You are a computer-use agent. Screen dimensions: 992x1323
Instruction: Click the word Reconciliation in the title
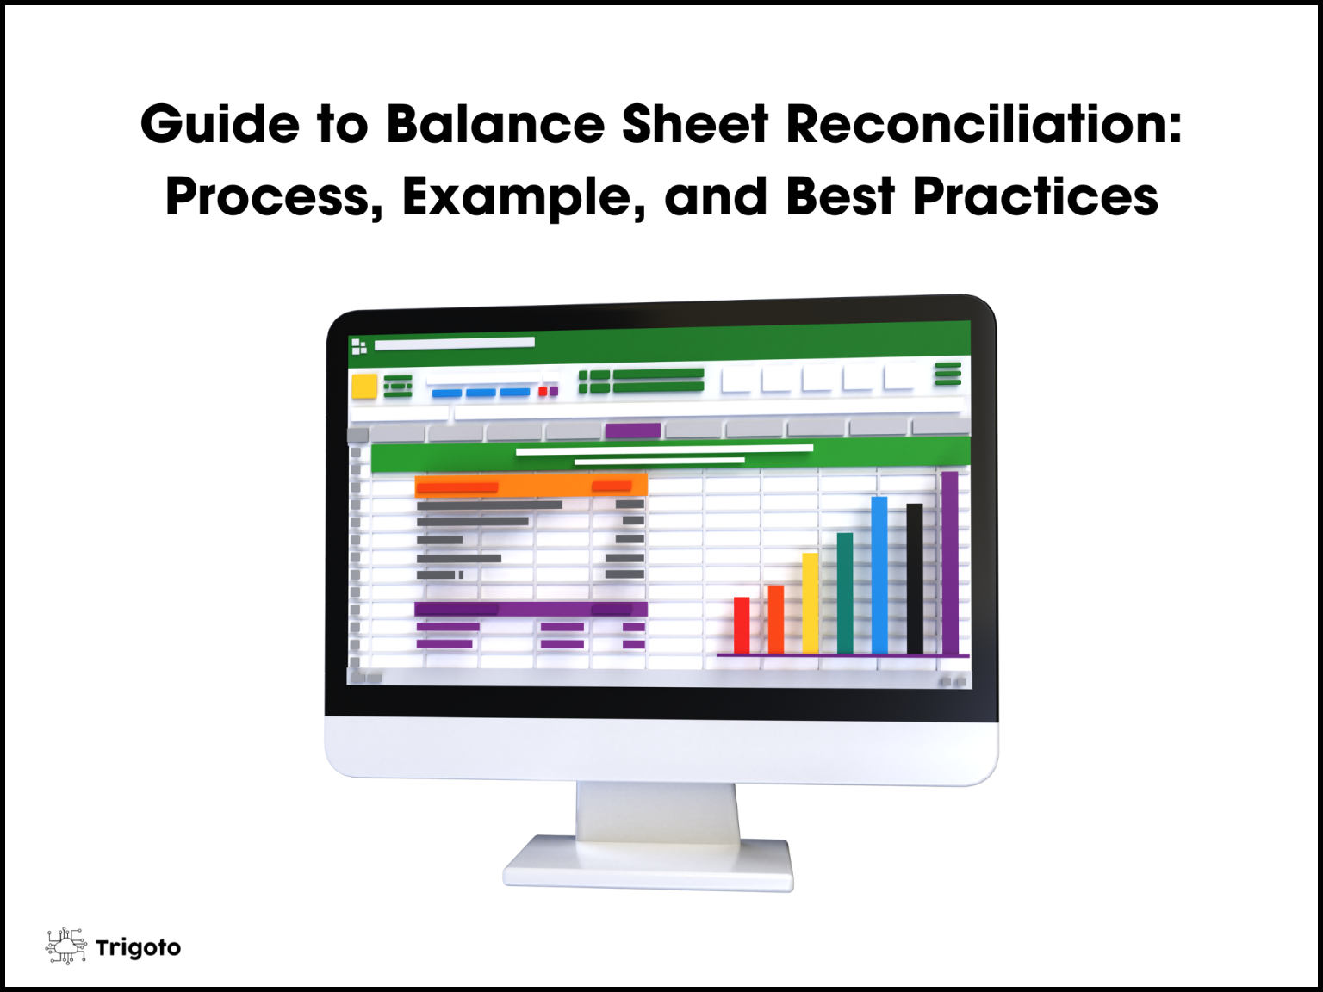coord(984,124)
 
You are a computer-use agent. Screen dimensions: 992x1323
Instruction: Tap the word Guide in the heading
coord(220,124)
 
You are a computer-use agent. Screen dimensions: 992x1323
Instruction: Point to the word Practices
coord(1034,197)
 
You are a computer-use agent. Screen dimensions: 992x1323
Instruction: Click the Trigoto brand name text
coord(139,948)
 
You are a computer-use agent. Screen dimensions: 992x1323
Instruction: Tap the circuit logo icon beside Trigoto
coord(66,946)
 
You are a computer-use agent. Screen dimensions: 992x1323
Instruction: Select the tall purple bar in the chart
coord(949,563)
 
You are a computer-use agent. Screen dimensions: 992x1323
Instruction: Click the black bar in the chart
coord(914,579)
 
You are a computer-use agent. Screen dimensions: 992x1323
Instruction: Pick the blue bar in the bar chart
coord(879,575)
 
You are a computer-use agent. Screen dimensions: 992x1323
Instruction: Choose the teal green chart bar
coord(844,593)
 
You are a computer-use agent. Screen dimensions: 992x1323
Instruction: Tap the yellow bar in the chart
coord(810,603)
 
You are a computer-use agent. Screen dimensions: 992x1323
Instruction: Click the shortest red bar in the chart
coord(742,625)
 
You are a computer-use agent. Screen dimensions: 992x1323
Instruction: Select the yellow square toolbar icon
coord(364,386)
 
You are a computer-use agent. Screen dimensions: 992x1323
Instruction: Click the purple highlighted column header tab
coord(633,431)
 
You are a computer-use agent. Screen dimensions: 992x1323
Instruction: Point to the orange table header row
coord(531,486)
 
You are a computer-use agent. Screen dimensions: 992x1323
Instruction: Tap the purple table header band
coord(531,609)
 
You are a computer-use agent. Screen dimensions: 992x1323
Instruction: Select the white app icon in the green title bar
coord(359,346)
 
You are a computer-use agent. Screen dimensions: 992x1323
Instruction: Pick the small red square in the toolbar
coord(543,392)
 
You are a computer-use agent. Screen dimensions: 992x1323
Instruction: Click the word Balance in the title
coord(495,124)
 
